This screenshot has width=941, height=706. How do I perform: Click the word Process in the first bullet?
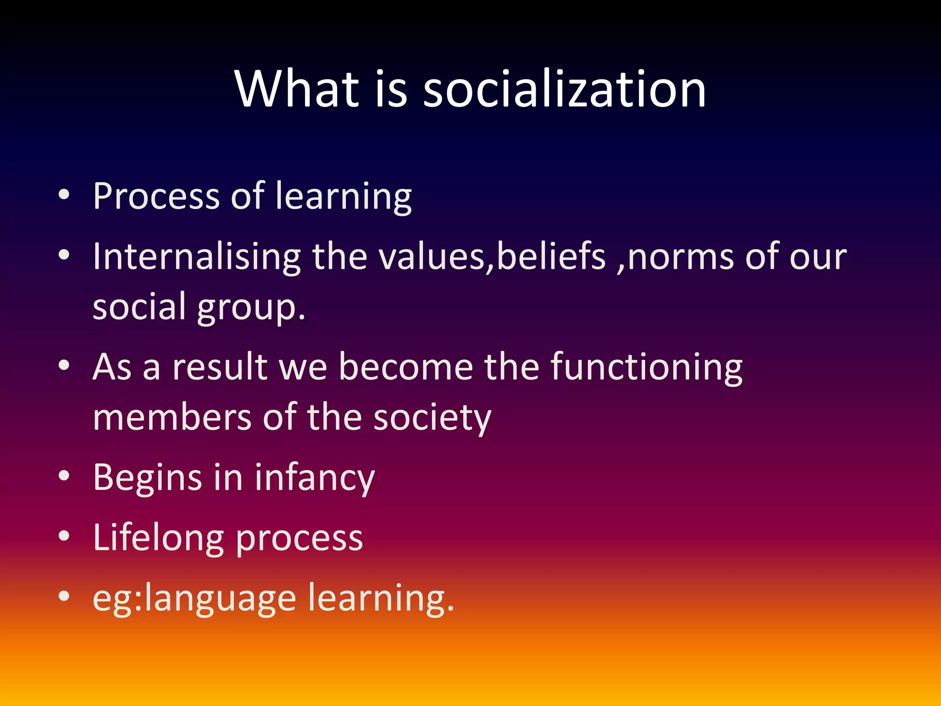tap(156, 197)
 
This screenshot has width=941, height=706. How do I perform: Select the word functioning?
tap(646, 368)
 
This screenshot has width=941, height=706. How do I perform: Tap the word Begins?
tap(147, 478)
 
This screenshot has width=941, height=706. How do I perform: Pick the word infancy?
tap(315, 478)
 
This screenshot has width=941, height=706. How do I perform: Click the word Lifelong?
tap(159, 538)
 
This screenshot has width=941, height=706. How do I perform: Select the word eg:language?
tap(194, 599)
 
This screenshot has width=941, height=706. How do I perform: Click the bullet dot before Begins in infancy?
tap(64, 476)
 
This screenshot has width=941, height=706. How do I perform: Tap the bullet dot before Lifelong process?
tap(64, 536)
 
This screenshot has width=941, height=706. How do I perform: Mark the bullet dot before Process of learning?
tap(64, 195)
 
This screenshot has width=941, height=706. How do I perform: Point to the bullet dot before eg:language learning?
tap(64, 596)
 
